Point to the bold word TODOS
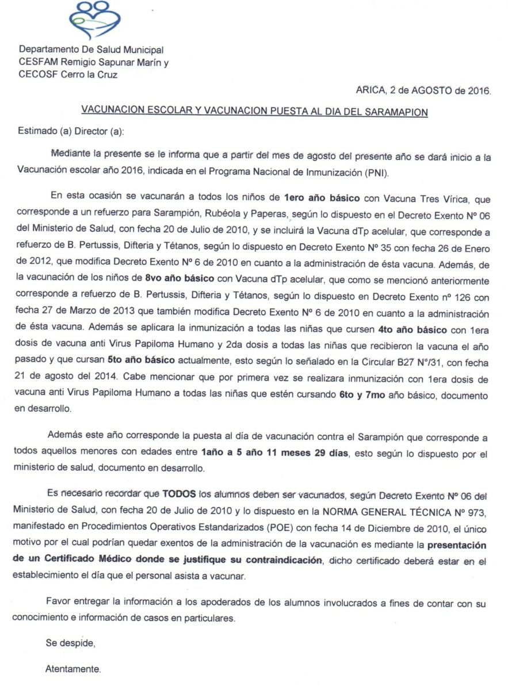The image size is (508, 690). tap(179, 493)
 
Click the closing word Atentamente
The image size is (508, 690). tap(72, 669)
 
